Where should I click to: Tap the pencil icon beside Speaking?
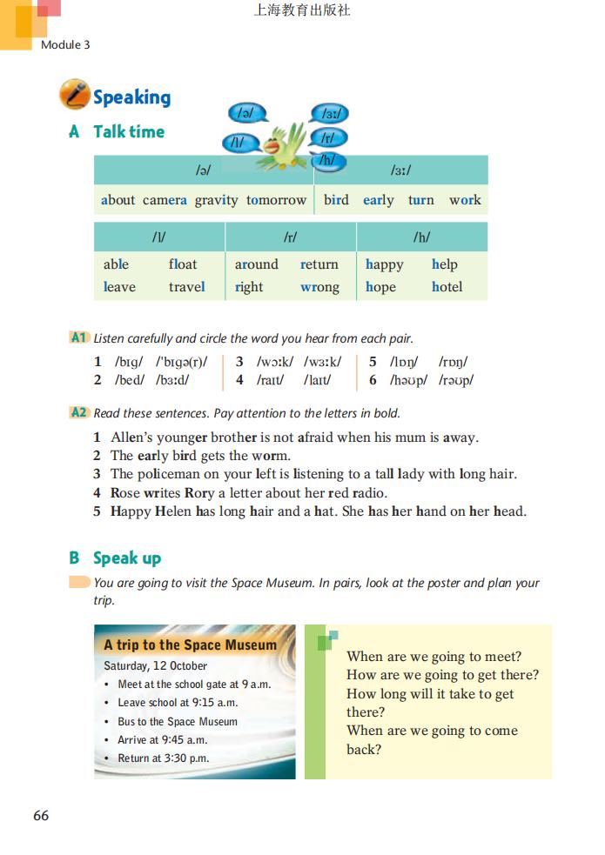click(x=74, y=95)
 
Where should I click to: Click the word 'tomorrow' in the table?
click(x=276, y=200)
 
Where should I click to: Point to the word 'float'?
click(x=183, y=264)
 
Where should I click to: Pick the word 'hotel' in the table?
click(x=447, y=287)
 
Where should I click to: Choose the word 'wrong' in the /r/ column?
click(x=319, y=287)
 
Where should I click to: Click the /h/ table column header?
click(x=422, y=237)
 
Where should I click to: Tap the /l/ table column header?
click(x=158, y=237)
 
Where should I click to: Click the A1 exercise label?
click(x=78, y=337)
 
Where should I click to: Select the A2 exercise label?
click(x=78, y=413)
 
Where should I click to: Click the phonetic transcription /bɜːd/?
click(x=172, y=380)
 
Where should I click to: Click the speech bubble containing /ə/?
click(x=247, y=113)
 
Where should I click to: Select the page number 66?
click(x=41, y=816)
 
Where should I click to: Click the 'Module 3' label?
click(x=65, y=44)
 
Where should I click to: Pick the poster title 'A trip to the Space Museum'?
click(x=190, y=645)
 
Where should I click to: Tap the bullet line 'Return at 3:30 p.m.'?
click(x=163, y=758)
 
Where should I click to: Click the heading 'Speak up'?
click(x=127, y=558)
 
